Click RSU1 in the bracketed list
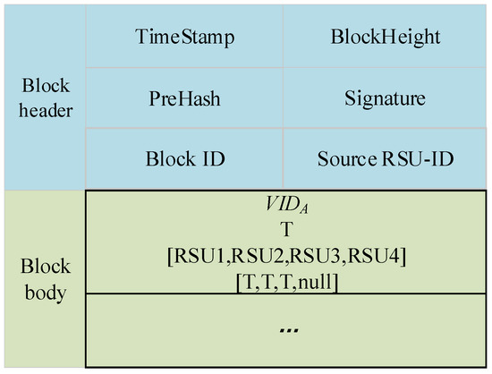202,258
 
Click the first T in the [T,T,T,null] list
252,281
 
